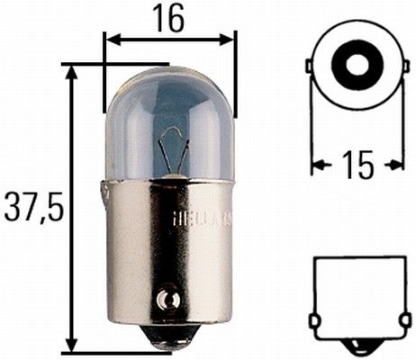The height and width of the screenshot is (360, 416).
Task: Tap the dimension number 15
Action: click(358, 165)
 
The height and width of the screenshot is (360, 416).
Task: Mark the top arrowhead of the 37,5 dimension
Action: click(70, 70)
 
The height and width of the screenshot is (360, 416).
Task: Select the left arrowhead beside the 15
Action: click(317, 165)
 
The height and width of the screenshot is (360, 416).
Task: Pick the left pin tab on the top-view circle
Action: click(310, 67)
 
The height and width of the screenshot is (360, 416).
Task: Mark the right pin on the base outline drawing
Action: click(402, 319)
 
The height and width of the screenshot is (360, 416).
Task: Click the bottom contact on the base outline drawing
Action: click(357, 346)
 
